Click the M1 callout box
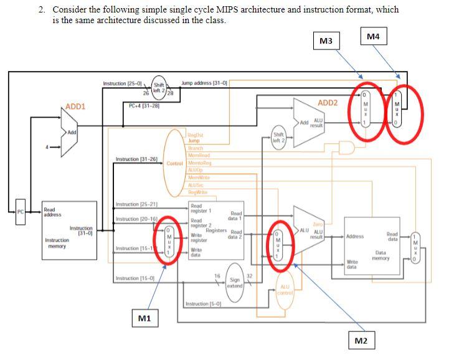tap(144, 318)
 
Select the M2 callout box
tap(361, 341)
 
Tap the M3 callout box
tap(326, 41)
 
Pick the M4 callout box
tap(373, 37)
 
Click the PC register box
tap(20, 212)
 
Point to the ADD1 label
tap(75, 107)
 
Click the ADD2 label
tap(328, 103)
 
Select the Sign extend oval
tap(235, 283)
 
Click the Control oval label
tap(174, 163)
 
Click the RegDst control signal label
tap(196, 135)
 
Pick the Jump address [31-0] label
tap(204, 83)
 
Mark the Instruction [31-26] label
tap(135, 160)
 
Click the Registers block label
tap(215, 230)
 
